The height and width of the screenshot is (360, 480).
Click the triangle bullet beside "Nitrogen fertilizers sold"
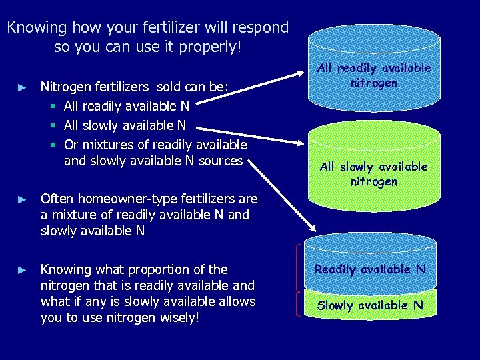(21, 87)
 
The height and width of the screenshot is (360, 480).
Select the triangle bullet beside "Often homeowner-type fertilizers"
(21, 199)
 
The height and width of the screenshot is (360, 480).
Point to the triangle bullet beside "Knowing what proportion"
(21, 271)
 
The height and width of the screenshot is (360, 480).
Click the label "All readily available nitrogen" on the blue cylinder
(374, 75)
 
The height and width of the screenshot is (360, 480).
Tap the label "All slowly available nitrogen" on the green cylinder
(374, 173)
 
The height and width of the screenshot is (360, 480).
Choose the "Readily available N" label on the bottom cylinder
(370, 269)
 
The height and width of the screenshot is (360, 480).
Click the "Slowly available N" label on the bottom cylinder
(370, 305)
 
